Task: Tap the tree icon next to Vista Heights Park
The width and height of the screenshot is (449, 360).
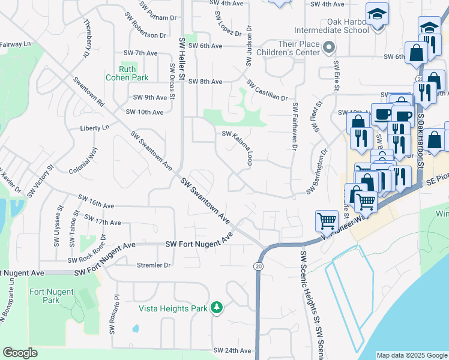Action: pyautogui.click(x=216, y=308)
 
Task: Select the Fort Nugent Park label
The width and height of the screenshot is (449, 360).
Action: pyautogui.click(x=51, y=296)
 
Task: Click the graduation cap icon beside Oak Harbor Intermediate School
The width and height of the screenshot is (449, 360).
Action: pyautogui.click(x=377, y=14)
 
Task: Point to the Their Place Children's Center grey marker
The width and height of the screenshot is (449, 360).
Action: pyautogui.click(x=328, y=47)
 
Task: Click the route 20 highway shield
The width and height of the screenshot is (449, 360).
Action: pyautogui.click(x=258, y=265)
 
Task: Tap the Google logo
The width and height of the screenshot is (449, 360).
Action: pyautogui.click(x=20, y=353)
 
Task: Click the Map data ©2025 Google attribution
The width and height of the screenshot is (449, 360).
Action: pyautogui.click(x=411, y=355)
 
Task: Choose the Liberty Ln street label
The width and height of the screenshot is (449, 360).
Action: pyautogui.click(x=95, y=128)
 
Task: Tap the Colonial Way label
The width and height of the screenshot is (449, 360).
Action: pyautogui.click(x=83, y=161)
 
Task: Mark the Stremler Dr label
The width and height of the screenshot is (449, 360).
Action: pyautogui.click(x=154, y=265)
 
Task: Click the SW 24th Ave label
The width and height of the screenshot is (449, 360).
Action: pyautogui.click(x=232, y=350)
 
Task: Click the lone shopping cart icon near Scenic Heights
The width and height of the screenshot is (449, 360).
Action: pyautogui.click(x=327, y=220)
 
